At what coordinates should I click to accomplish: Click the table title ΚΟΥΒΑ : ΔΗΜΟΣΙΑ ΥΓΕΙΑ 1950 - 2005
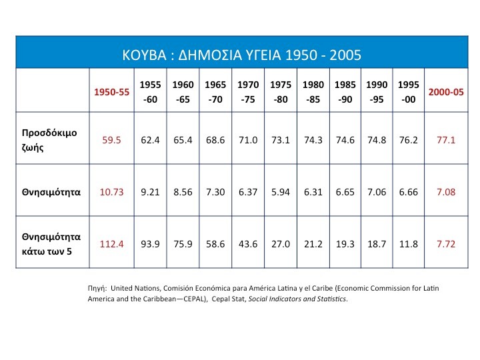tap(241, 54)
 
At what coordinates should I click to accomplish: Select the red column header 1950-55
tap(111, 92)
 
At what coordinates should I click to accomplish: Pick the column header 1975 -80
tap(281, 92)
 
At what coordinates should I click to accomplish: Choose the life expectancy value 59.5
tap(111, 141)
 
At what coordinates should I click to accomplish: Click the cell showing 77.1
tap(445, 141)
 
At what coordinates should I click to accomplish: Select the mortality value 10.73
tap(111, 192)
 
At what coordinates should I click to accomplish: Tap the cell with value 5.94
tap(281, 192)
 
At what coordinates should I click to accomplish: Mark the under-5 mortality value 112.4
tap(111, 244)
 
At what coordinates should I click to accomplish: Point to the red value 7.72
tap(445, 244)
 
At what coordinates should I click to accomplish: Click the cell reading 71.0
tap(248, 141)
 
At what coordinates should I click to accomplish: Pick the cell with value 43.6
tap(248, 244)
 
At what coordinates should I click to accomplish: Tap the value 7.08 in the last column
tap(445, 192)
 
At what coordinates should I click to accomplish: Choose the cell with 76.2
tap(408, 141)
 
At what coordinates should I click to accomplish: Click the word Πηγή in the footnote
tap(97, 287)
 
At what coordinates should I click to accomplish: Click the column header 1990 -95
tap(377, 92)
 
